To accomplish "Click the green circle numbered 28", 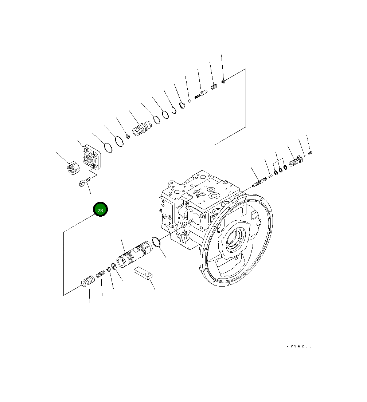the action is click(x=100, y=209).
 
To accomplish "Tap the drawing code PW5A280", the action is click(x=299, y=346).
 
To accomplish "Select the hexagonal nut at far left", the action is click(x=73, y=168).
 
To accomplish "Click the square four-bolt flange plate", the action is click(x=91, y=157).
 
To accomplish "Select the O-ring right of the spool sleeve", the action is click(x=156, y=242).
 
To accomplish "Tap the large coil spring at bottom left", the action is click(x=88, y=281).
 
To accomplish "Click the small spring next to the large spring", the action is click(x=101, y=274).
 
